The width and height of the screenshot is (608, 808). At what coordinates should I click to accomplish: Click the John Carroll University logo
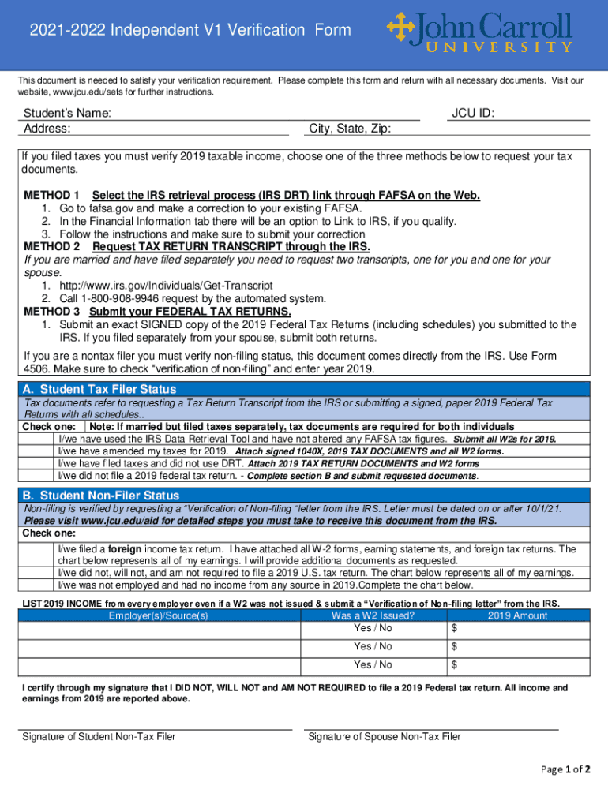[x=479, y=32]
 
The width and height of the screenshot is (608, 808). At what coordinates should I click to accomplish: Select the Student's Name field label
[x=67, y=114]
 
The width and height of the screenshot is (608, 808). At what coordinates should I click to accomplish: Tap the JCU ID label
[x=473, y=114]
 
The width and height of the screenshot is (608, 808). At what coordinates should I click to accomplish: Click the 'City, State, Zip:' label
[x=350, y=129]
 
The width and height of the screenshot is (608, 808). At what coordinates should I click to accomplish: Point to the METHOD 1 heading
[x=52, y=195]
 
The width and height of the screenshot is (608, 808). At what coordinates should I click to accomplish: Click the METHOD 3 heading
[x=52, y=311]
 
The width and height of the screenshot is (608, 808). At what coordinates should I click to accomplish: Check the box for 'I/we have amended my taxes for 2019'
[x=37, y=451]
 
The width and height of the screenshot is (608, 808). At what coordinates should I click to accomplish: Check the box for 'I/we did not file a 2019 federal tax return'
[x=37, y=476]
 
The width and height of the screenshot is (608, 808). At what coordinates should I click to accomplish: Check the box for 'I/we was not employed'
[x=37, y=585]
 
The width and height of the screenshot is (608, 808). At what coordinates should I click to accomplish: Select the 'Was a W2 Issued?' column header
[x=373, y=615]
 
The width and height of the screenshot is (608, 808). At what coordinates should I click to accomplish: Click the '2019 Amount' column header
[x=517, y=615]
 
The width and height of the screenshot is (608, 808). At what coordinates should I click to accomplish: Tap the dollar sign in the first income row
[x=454, y=628]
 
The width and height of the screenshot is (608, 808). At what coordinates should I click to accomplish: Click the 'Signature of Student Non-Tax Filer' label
[x=99, y=737]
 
